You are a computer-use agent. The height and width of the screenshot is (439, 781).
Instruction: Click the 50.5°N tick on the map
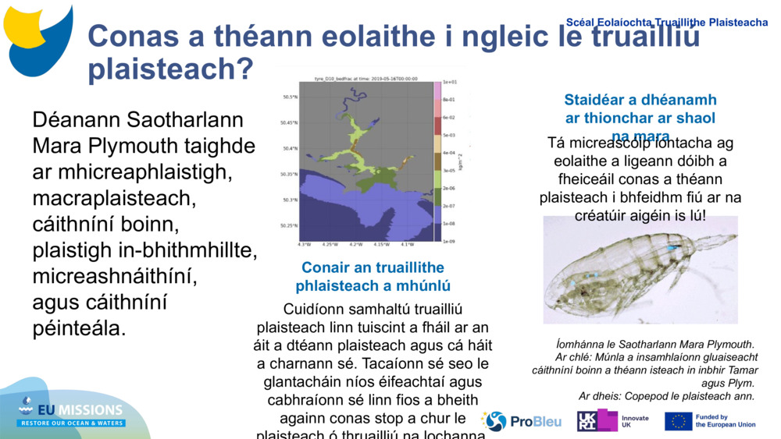[x=289, y=97]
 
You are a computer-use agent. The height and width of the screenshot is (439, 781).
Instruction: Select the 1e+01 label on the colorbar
[x=450, y=82]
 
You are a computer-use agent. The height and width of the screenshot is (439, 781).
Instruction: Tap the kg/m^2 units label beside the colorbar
[x=461, y=162]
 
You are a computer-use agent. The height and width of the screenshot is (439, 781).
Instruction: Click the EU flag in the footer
[x=678, y=422]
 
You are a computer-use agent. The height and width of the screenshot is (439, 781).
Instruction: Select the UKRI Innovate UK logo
[x=612, y=422]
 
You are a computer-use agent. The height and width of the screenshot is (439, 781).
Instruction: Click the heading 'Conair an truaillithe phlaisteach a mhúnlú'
[x=373, y=277]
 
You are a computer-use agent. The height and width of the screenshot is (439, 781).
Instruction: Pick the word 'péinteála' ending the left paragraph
[x=78, y=328]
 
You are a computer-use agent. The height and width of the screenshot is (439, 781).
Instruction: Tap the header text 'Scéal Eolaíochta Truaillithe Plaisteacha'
[x=666, y=23]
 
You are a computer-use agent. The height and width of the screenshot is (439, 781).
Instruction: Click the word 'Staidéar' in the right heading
[x=595, y=100]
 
